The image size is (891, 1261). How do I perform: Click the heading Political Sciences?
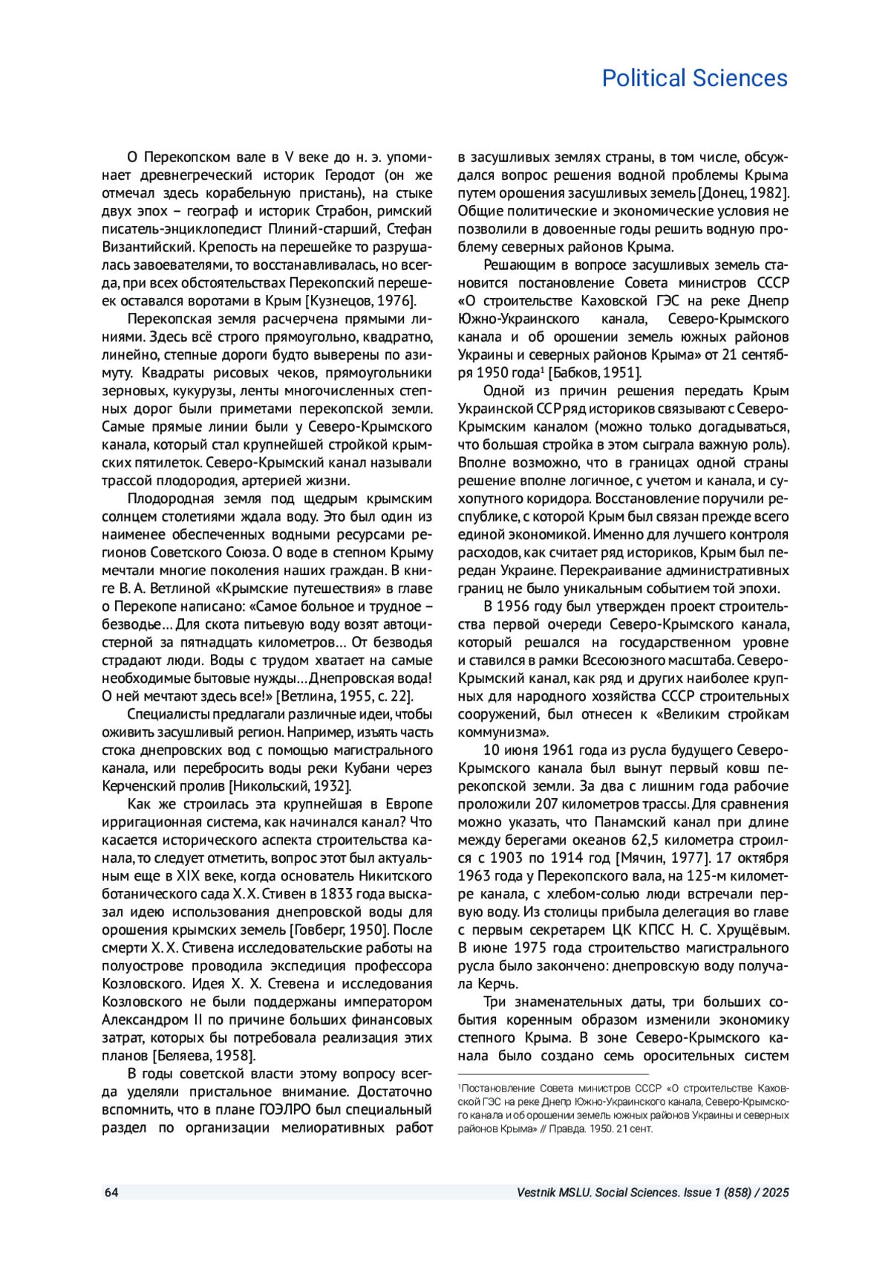coord(694,78)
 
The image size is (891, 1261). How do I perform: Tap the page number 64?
coord(111,1193)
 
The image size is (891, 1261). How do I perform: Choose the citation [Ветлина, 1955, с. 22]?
coord(344,696)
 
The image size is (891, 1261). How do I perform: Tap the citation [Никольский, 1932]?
coord(290,786)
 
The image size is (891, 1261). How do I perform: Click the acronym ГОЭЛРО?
coord(289,1109)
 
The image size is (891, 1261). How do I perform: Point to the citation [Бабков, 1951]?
coord(595,373)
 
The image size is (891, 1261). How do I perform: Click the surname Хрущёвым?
coord(751,930)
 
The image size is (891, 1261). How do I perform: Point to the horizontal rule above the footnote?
coord(553,1074)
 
